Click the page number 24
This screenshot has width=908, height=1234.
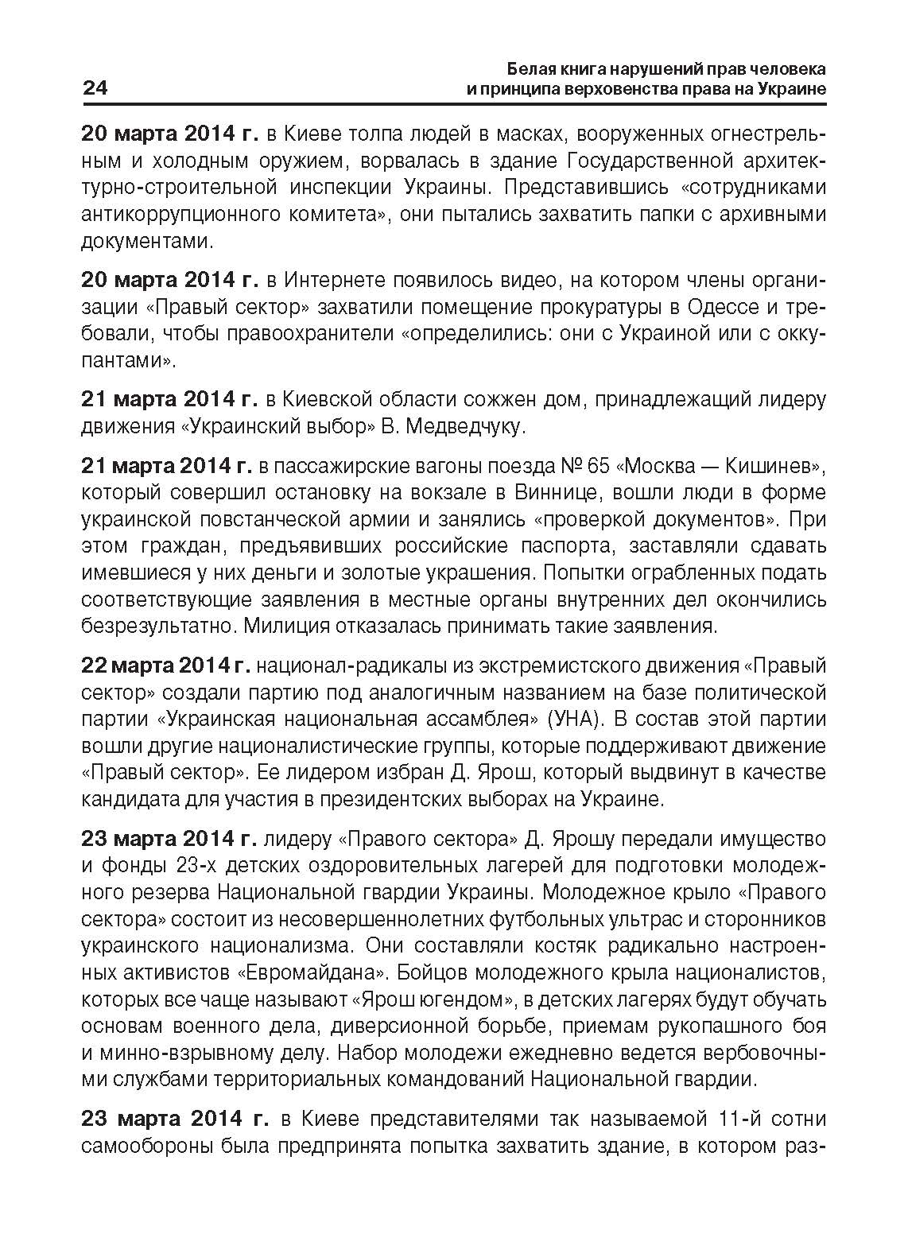click(95, 88)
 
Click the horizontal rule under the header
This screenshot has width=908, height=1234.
click(454, 104)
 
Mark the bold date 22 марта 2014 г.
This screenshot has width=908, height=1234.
click(166, 666)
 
